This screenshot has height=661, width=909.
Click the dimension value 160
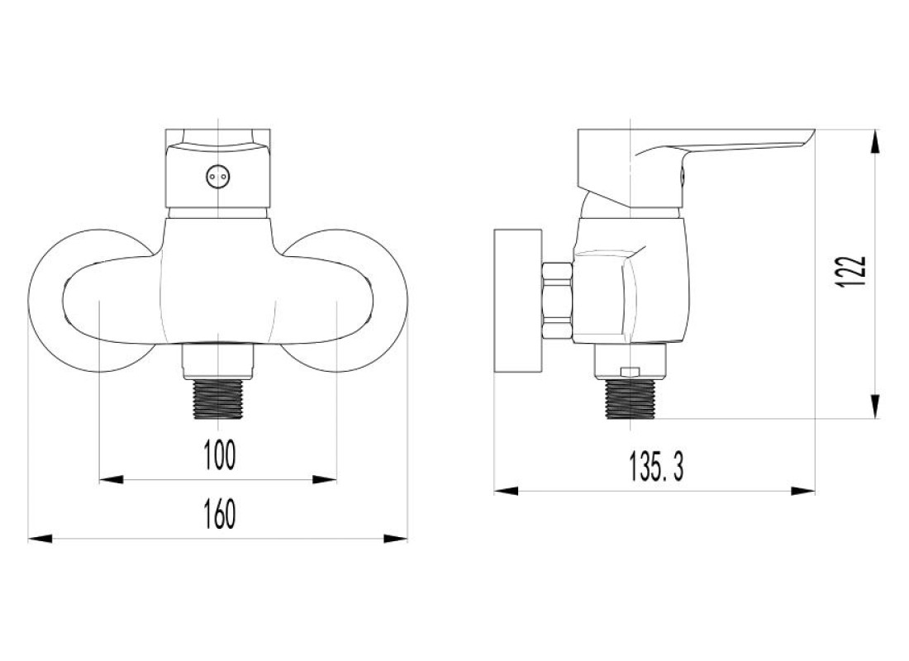(220, 514)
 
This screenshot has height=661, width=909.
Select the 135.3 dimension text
(657, 468)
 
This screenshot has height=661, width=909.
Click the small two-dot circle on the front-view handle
(217, 176)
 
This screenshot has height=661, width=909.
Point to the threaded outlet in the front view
(217, 398)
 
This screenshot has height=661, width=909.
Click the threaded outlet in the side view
(630, 399)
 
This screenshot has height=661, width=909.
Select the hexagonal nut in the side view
(557, 301)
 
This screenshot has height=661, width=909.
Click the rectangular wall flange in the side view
(517, 301)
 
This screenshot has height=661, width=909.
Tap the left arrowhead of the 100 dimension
(112, 479)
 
